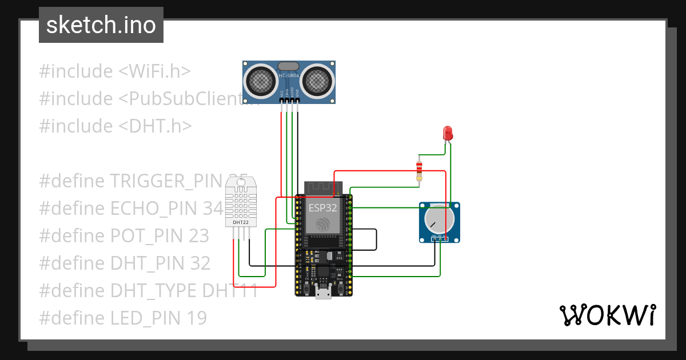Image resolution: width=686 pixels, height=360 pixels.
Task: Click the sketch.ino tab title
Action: (101, 25)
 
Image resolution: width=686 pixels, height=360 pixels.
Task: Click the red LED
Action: (448, 134)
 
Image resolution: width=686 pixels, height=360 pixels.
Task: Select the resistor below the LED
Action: (420, 170)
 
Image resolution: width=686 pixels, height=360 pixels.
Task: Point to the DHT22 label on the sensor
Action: (241, 222)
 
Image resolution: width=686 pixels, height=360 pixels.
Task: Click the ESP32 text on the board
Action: (323, 207)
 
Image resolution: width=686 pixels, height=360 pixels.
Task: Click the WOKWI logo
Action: (607, 315)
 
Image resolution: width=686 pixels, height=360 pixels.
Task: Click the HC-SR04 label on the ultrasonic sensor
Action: (289, 75)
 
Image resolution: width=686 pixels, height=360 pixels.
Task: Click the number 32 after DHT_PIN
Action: (200, 263)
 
